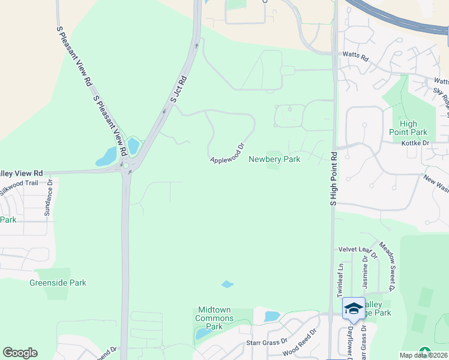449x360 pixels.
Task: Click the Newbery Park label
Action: pos(274,159)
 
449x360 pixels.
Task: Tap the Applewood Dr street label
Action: pos(228,154)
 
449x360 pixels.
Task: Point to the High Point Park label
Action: pos(408,128)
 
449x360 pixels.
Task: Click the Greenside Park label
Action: pos(58,283)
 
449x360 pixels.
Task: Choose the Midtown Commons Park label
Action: pos(214,318)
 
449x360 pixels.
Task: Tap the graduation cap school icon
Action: pos(354,308)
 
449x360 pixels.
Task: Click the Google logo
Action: pos(20,353)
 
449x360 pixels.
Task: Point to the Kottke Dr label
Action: pos(417,143)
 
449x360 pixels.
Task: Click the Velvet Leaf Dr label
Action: pos(356,249)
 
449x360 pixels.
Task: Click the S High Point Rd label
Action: pos(334,179)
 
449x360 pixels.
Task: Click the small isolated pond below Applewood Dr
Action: pos(228,284)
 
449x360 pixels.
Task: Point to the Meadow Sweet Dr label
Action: pos(385,267)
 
